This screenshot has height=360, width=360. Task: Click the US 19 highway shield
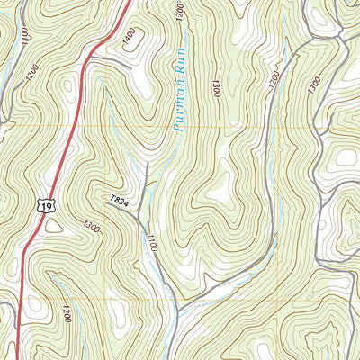tap(44, 206)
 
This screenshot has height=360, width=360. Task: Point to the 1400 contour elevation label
tap(130, 37)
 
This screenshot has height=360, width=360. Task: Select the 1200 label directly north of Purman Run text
tap(181, 12)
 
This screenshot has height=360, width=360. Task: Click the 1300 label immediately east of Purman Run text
tap(217, 89)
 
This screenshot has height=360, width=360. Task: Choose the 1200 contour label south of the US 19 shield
tap(66, 314)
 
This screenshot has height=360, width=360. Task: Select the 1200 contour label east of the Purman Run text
tap(273, 81)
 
